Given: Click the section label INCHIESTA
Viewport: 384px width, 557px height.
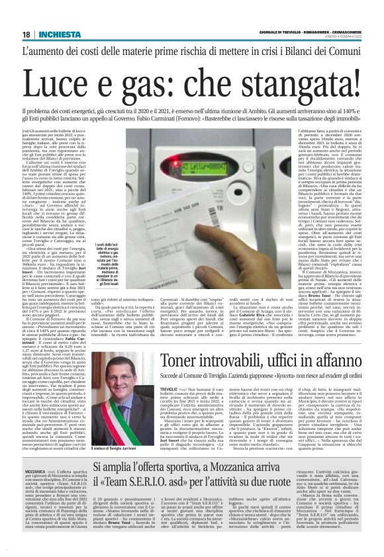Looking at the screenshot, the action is click(55, 34).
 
